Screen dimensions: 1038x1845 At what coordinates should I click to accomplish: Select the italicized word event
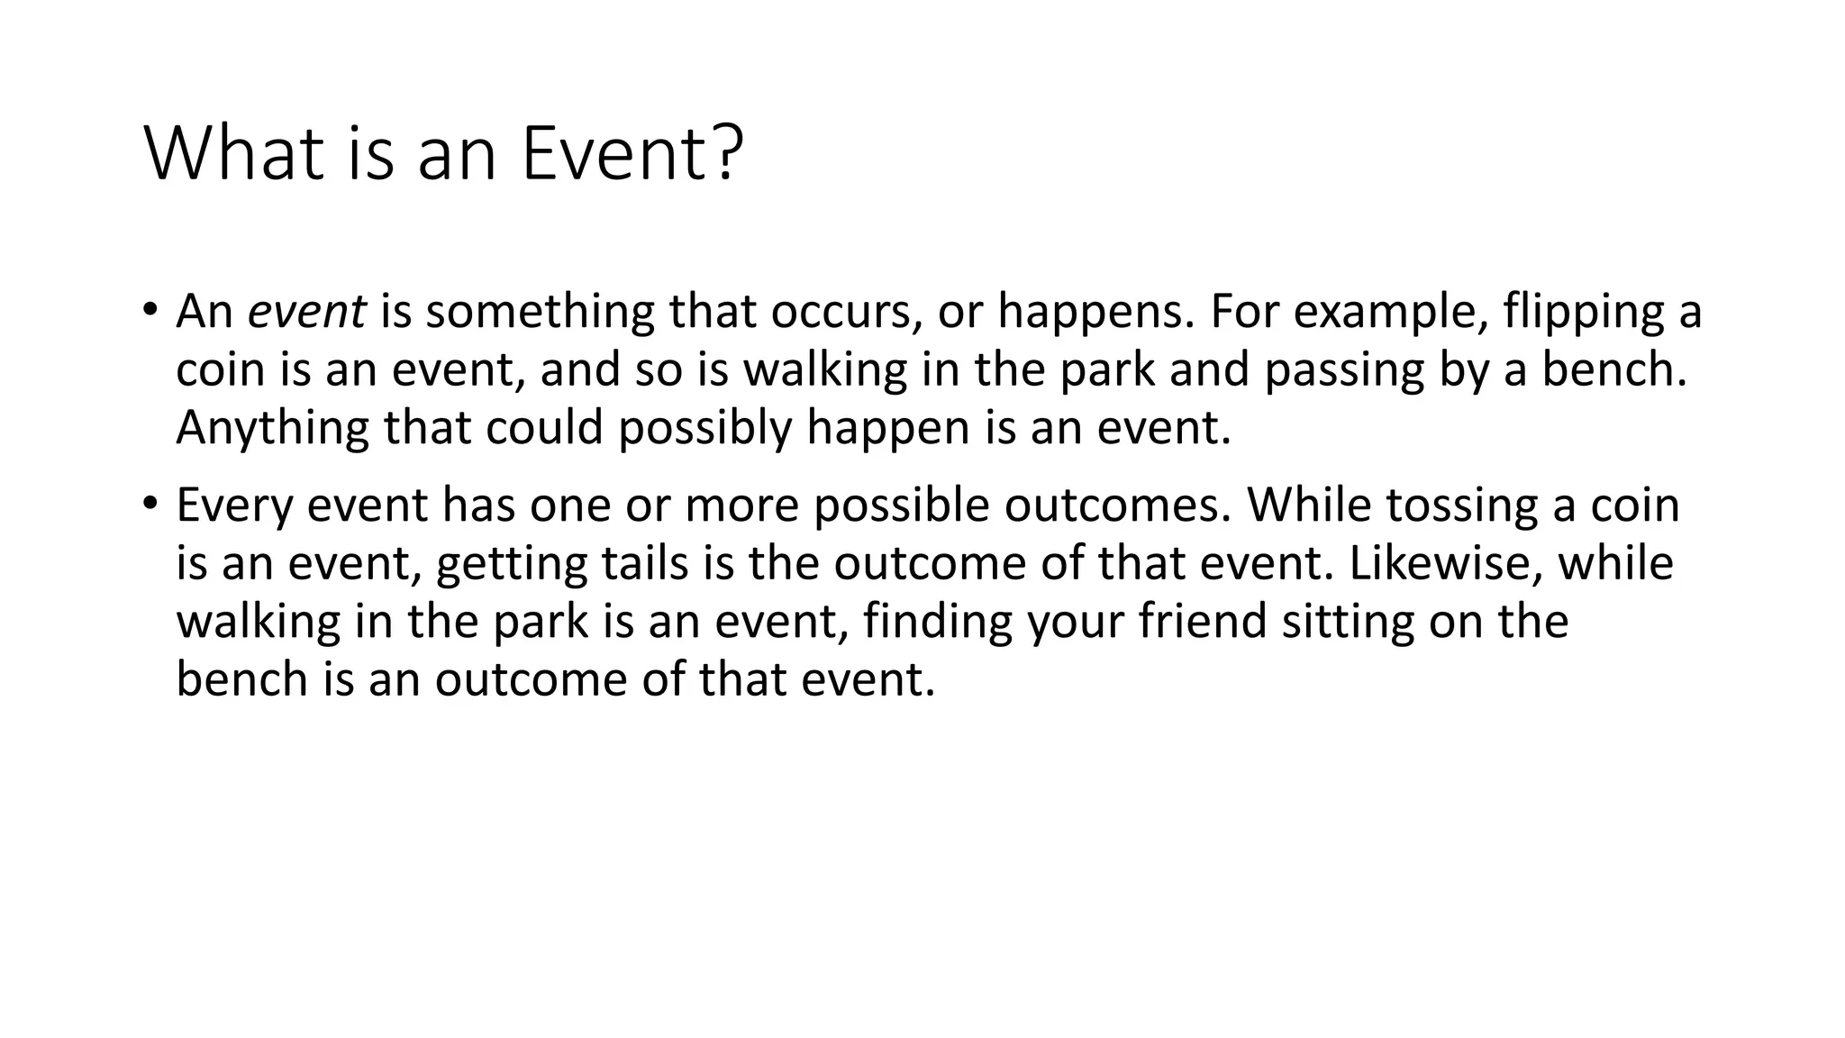click(x=306, y=312)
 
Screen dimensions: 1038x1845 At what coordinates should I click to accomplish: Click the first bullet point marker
click(x=150, y=310)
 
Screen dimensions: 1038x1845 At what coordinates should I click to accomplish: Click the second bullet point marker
click(x=150, y=502)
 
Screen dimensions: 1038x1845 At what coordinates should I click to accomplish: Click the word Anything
click(x=273, y=428)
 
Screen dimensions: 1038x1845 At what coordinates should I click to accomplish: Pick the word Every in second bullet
click(x=234, y=505)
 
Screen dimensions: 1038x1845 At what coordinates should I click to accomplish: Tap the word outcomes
click(x=1116, y=505)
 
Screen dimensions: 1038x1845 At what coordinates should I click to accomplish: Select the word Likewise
click(x=1446, y=563)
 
